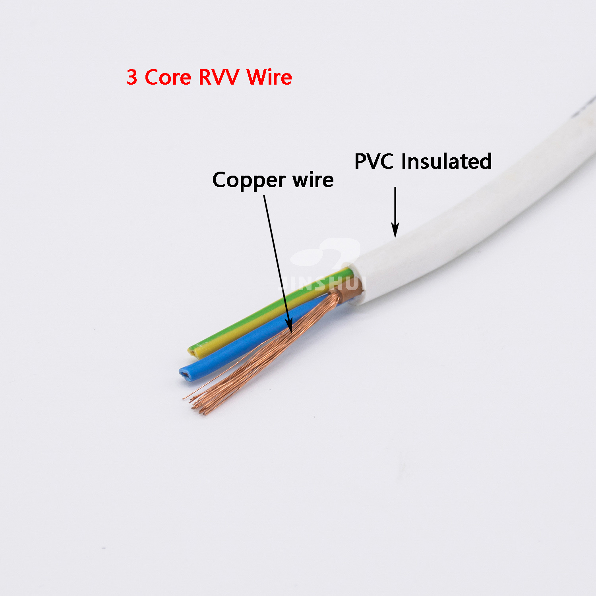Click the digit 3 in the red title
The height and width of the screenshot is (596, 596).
click(132, 77)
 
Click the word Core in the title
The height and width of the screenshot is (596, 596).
click(168, 77)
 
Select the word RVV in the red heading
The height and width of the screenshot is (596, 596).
click(218, 77)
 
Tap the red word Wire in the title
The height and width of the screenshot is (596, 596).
click(269, 77)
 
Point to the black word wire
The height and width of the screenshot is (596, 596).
click(313, 180)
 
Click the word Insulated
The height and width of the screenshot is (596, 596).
click(446, 161)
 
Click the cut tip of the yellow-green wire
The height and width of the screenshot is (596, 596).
click(193, 350)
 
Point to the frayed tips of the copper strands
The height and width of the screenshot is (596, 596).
click(197, 405)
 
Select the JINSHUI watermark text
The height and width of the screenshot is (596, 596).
click(322, 283)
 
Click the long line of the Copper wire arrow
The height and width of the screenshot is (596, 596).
click(276, 258)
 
